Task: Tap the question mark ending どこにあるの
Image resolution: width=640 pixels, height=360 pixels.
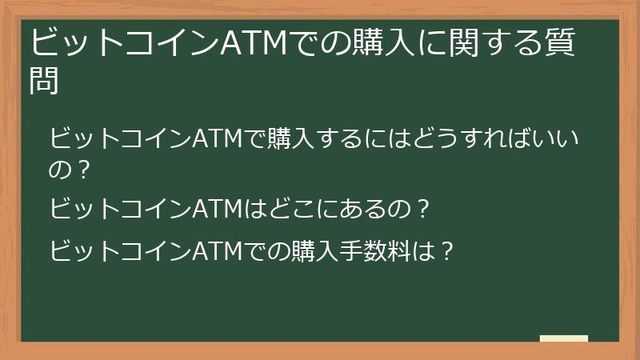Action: pos(425,210)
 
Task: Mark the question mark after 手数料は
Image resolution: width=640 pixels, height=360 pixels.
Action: pos(447,252)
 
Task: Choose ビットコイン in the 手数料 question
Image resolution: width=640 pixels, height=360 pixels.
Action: pos(120,252)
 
